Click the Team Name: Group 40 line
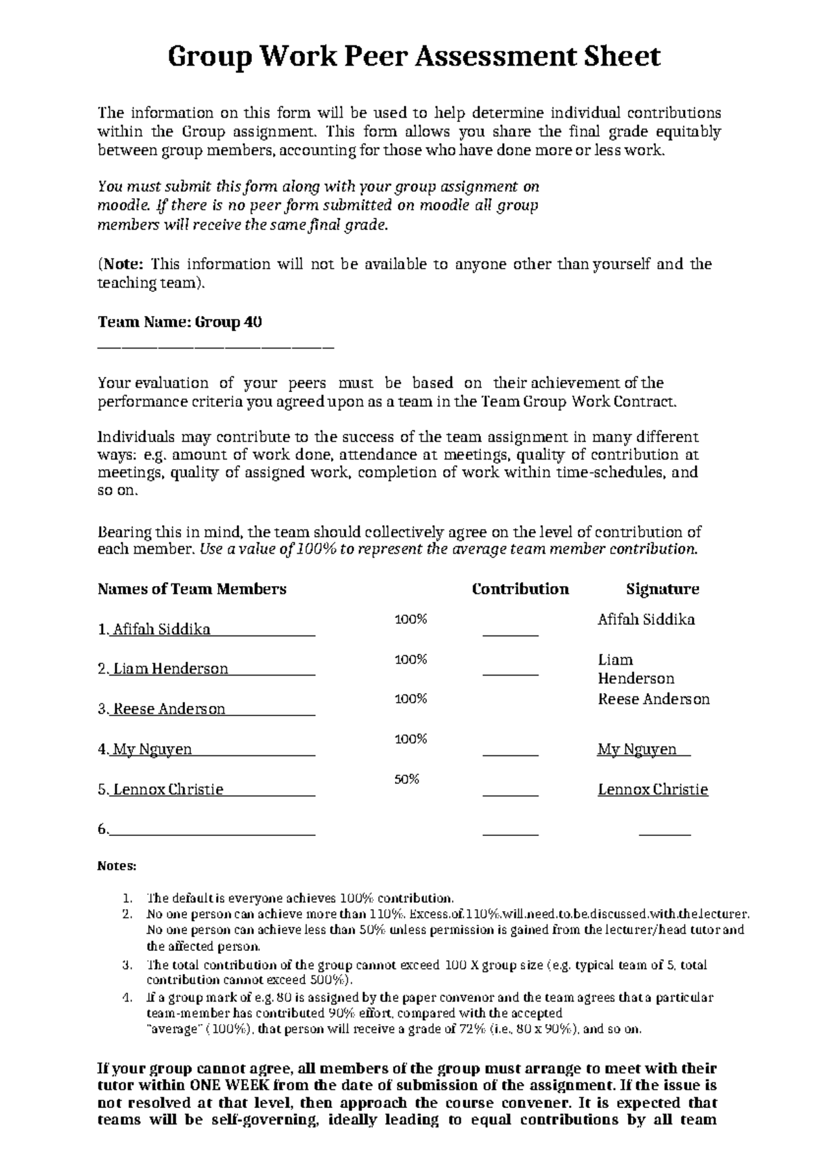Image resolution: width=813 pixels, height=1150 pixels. pyautogui.click(x=180, y=322)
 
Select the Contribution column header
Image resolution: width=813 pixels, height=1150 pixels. pyautogui.click(x=520, y=589)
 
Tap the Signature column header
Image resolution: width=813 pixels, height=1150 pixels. pyautogui.click(x=662, y=589)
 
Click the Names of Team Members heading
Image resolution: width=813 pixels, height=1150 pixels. pyautogui.click(x=192, y=589)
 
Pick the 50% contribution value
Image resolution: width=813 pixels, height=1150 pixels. pyautogui.click(x=406, y=779)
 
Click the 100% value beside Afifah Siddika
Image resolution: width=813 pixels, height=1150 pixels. pyautogui.click(x=411, y=619)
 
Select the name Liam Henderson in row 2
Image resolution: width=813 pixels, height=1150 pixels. pyautogui.click(x=170, y=669)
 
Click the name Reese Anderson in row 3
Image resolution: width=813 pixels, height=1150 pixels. pyautogui.click(x=169, y=709)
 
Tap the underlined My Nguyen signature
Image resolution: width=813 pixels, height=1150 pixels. pyautogui.click(x=637, y=749)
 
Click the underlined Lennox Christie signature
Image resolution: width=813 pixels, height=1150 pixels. pyautogui.click(x=652, y=789)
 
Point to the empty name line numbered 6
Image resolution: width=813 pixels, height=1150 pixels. pyautogui.click(x=211, y=830)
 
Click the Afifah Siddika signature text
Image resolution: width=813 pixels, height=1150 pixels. pyautogui.click(x=646, y=619)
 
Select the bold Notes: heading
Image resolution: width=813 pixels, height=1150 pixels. pyautogui.click(x=117, y=866)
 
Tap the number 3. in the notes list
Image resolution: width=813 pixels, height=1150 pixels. pyautogui.click(x=127, y=965)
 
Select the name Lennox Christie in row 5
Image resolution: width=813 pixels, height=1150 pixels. pyautogui.click(x=168, y=789)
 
